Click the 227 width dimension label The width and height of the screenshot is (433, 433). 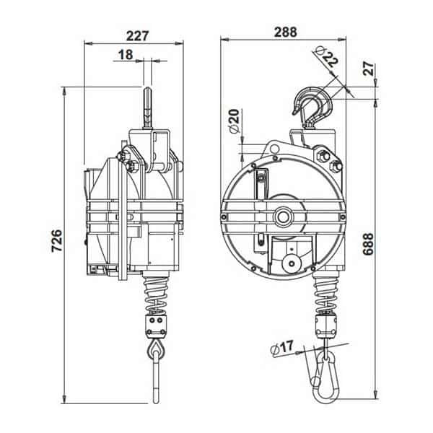(x=138, y=36)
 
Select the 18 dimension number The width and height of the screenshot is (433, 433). (x=126, y=55)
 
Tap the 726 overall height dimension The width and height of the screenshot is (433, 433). (x=58, y=240)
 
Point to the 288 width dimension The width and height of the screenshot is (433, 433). (x=285, y=32)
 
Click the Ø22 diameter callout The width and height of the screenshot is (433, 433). (x=327, y=56)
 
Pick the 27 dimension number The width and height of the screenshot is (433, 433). (x=368, y=69)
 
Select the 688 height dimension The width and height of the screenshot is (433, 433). (x=368, y=244)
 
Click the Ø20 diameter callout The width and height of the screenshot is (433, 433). (x=234, y=121)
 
